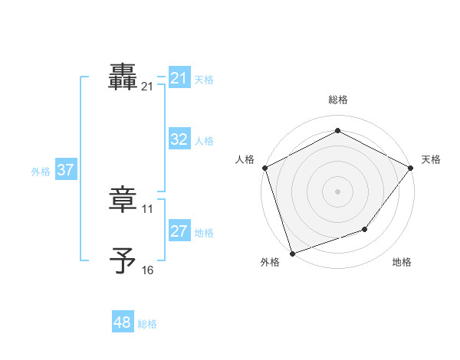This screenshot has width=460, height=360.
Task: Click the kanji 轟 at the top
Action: pos(123,77)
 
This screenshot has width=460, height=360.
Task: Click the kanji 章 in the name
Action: pos(123,199)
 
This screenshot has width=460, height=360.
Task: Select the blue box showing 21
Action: pos(179,78)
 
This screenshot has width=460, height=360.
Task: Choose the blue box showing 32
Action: pos(179,139)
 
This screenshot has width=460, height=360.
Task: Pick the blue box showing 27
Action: pos(179,231)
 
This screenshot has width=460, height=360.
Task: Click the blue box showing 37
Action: pos(65,170)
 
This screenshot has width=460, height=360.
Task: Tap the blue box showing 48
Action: pos(123,322)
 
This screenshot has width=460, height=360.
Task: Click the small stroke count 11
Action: pos(148,208)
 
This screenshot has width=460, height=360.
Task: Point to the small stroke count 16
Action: pos(148,270)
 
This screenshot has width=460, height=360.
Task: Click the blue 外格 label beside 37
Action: pos(41,172)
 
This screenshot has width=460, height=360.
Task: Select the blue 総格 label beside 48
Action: pos(147,324)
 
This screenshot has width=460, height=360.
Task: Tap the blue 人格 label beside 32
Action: pos(204,141)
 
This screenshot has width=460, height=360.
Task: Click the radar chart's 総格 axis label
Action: pos(337,100)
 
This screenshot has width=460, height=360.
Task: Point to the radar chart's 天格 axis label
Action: pos(432,159)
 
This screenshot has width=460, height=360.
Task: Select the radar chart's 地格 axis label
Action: pos(402,263)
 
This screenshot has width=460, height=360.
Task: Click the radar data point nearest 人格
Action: pos(264,167)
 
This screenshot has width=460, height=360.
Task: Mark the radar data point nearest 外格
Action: pos(292,253)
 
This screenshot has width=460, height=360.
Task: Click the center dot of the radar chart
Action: pos(337,191)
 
